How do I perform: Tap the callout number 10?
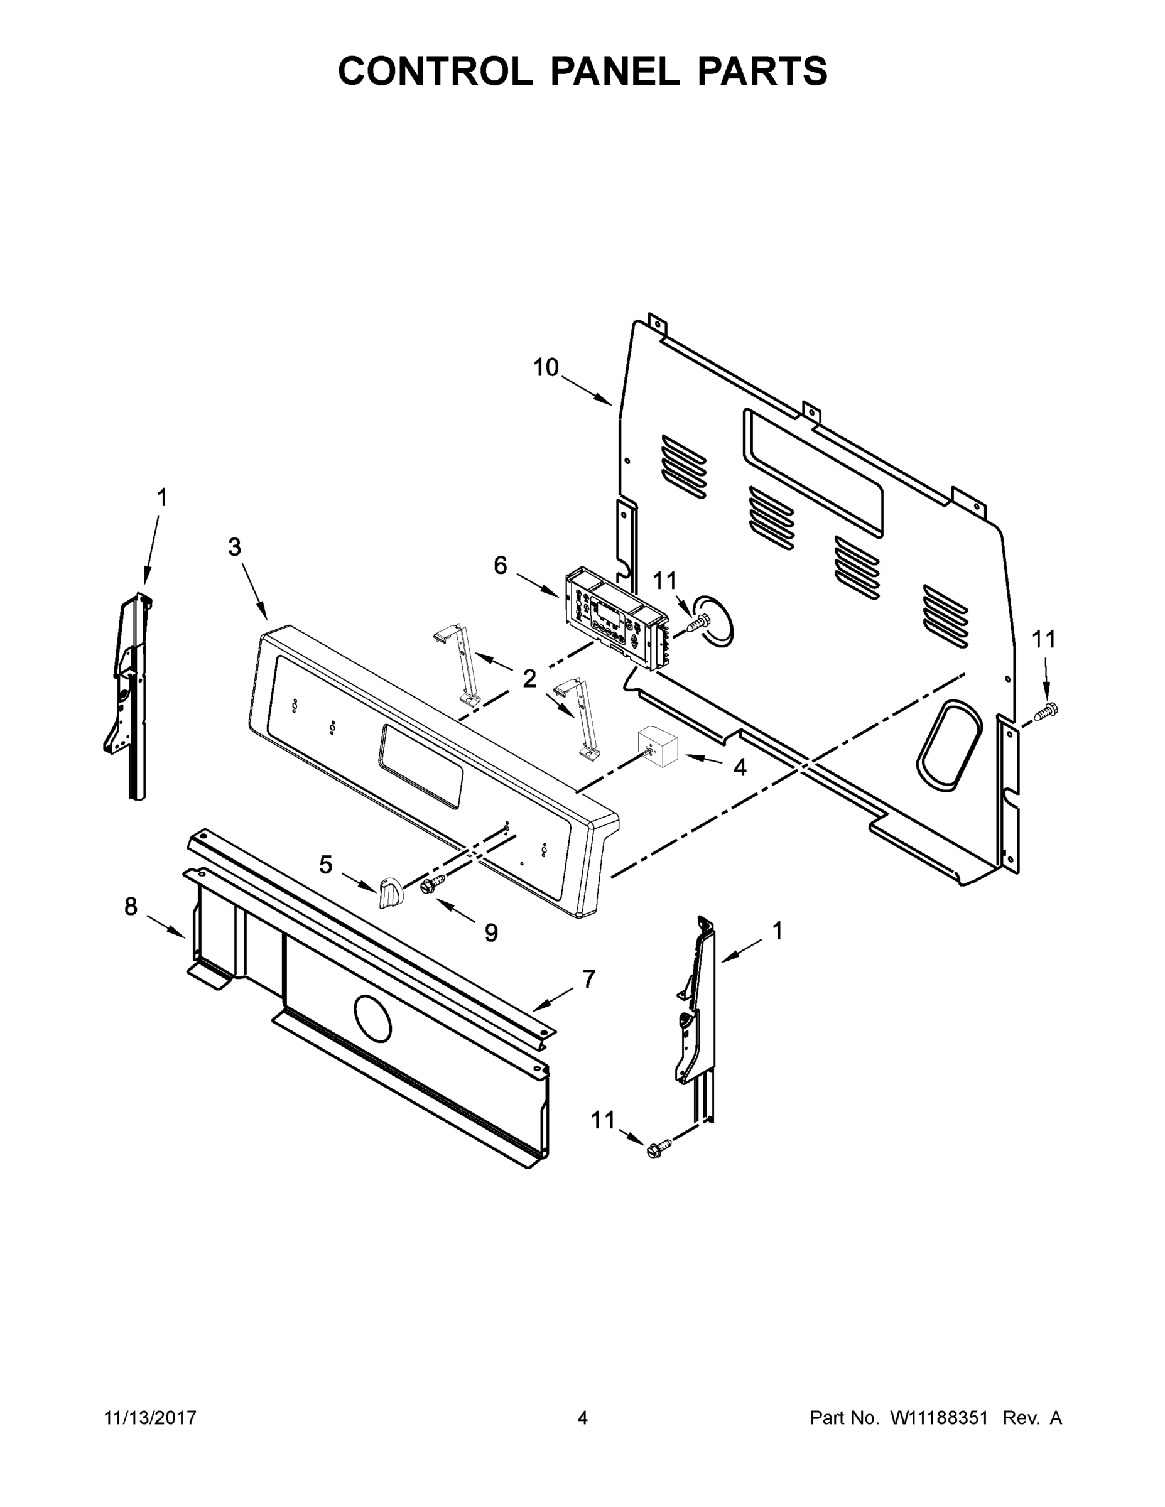[545, 368]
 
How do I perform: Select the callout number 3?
[235, 547]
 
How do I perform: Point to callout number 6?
[501, 566]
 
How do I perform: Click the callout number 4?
[740, 767]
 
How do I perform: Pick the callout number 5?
[326, 864]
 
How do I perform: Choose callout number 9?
[490, 933]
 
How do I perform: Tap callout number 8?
[131, 906]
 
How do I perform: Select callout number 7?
[588, 978]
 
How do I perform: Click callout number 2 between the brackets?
[529, 679]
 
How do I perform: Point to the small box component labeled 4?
[658, 746]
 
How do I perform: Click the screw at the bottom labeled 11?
[654, 1150]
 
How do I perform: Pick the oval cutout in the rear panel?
[948, 745]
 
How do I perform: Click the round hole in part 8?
[372, 1018]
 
